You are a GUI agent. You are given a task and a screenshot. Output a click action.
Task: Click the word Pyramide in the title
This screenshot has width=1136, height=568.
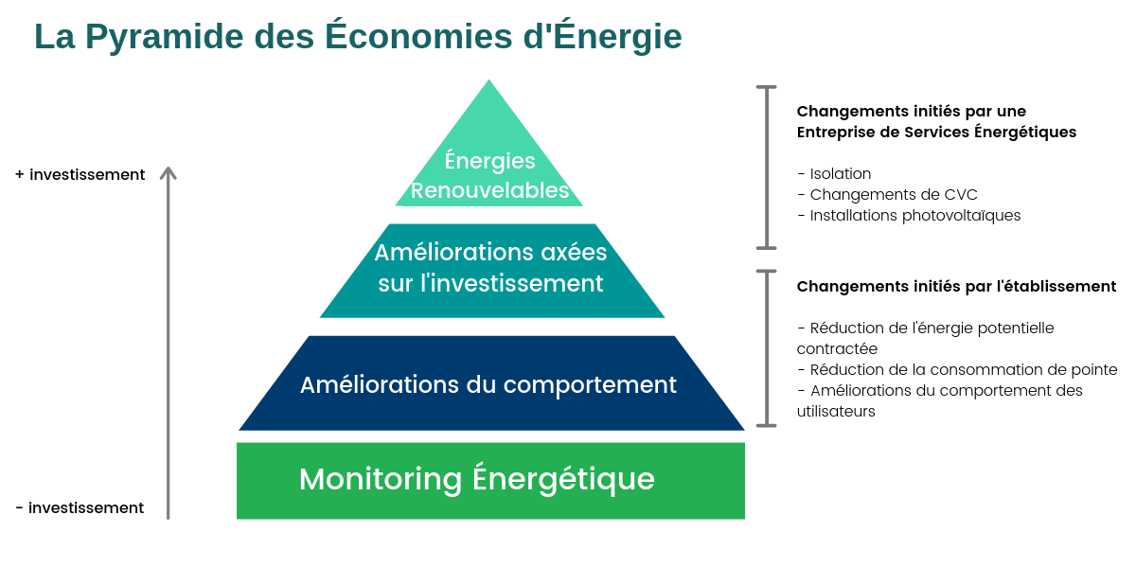click(165, 37)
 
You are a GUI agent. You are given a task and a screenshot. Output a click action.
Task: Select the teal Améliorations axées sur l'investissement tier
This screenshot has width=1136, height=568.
click(492, 271)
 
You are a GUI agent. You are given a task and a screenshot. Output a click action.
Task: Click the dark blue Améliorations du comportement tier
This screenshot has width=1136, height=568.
click(491, 382)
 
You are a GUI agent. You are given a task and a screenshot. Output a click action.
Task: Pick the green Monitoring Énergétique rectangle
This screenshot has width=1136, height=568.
click(490, 480)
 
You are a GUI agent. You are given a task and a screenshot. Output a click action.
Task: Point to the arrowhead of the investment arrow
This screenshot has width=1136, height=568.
click(168, 169)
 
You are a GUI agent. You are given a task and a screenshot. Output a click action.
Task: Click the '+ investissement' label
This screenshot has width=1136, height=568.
click(80, 174)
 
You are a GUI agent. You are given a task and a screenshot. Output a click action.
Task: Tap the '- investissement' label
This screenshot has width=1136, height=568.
click(80, 507)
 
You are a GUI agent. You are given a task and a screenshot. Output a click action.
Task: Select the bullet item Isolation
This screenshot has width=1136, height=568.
click(834, 173)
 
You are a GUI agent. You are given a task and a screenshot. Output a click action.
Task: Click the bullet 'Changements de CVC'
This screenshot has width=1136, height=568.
click(887, 194)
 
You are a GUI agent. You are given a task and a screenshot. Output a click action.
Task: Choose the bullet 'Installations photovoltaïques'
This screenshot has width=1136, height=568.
click(909, 216)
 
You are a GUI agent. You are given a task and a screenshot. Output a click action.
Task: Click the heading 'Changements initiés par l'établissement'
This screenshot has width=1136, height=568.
click(956, 287)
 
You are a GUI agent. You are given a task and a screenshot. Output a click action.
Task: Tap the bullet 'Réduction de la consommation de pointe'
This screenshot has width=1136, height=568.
click(957, 370)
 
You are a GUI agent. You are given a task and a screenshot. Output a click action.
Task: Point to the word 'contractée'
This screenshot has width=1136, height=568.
click(837, 349)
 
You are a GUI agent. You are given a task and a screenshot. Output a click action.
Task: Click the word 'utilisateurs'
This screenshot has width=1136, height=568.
click(836, 411)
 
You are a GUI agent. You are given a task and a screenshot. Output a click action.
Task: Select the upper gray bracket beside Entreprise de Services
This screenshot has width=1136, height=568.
click(766, 168)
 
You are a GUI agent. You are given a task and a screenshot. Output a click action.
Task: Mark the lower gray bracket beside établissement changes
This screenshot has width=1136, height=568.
click(766, 348)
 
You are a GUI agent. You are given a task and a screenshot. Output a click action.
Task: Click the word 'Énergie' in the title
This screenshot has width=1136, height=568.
click(617, 37)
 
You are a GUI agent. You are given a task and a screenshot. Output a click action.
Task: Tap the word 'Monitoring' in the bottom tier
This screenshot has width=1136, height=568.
click(381, 479)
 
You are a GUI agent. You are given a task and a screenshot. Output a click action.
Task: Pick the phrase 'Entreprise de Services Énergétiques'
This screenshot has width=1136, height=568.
click(936, 133)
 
